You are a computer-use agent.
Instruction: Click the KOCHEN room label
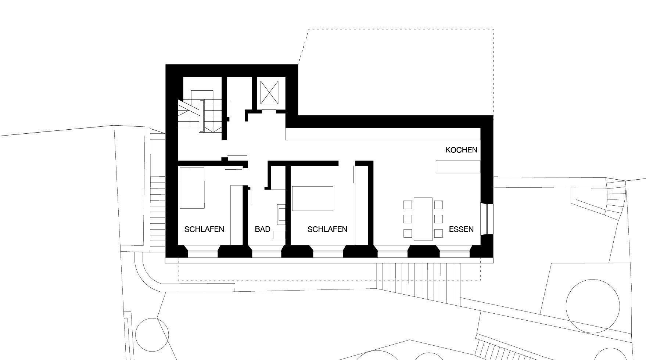[x=461, y=150]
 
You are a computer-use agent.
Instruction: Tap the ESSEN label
[x=461, y=229]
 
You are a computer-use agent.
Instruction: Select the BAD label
[x=263, y=229]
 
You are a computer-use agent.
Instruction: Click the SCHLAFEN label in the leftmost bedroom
[x=204, y=229]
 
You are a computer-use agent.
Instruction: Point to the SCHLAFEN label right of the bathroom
[x=327, y=229]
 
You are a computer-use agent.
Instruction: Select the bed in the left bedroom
[x=192, y=188]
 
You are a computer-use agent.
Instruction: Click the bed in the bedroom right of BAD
[x=313, y=198]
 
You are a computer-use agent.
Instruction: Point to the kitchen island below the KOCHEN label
[x=458, y=166]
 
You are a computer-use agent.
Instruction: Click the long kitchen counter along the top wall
[x=383, y=134]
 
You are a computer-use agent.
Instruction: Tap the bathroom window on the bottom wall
[x=266, y=253]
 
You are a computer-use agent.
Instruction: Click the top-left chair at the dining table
[x=408, y=205]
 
